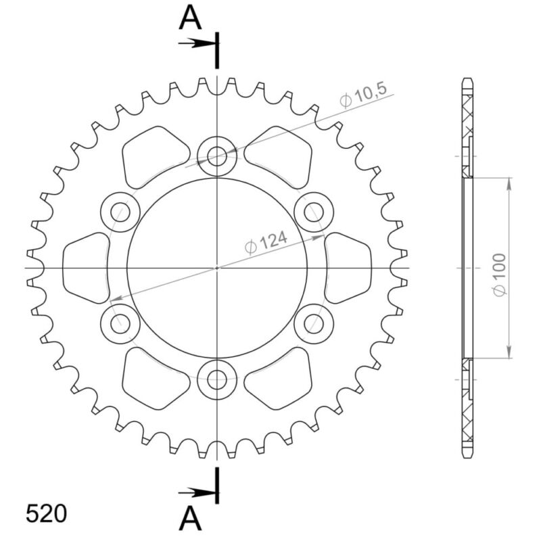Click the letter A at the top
tap(191, 19)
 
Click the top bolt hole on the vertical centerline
tap(217, 157)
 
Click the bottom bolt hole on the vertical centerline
tap(217, 379)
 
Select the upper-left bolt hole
tap(120, 212)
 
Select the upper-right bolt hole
tap(314, 212)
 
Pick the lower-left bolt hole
tap(120, 324)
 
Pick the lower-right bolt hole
tap(314, 324)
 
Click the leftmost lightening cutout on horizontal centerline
tap(86, 268)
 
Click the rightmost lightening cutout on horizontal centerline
tap(348, 268)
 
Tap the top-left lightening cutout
tap(153, 157)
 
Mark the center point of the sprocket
tap(217, 268)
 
